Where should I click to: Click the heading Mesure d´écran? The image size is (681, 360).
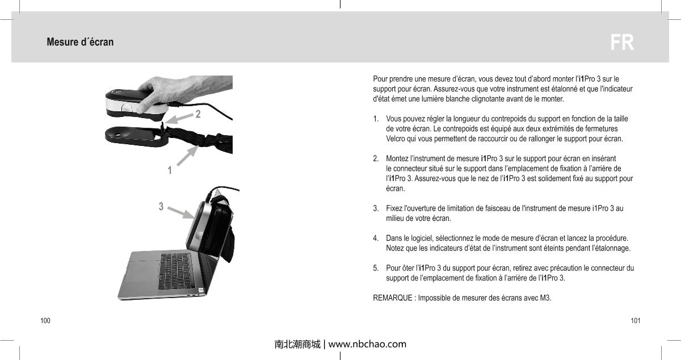click(80, 43)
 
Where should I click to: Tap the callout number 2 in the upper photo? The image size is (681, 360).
click(198, 115)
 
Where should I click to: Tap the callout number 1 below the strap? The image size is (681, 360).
click(169, 170)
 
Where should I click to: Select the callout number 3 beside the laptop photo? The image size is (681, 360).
click(161, 207)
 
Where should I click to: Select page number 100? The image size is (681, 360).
click(45, 321)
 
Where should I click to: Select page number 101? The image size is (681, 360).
click(635, 321)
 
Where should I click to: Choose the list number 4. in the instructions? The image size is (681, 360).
click(376, 238)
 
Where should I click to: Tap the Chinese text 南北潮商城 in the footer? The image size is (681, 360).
click(297, 344)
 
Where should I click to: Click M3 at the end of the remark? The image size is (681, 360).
click(545, 299)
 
